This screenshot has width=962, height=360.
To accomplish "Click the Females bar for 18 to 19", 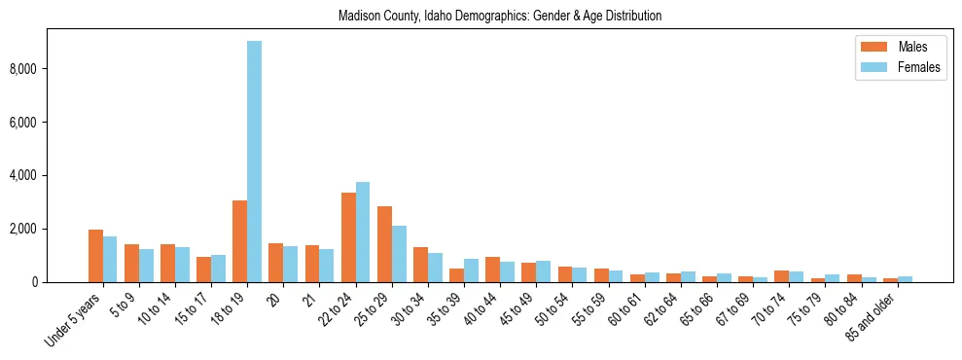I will [x=254, y=162].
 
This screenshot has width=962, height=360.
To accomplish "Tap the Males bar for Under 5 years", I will [x=95, y=256].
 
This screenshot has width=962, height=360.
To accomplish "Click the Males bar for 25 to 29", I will [x=384, y=244].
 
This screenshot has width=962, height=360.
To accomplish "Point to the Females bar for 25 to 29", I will [x=399, y=254].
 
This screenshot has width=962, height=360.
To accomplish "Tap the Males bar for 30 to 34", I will [x=420, y=265].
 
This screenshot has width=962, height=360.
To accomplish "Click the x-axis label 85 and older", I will [x=872, y=317].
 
